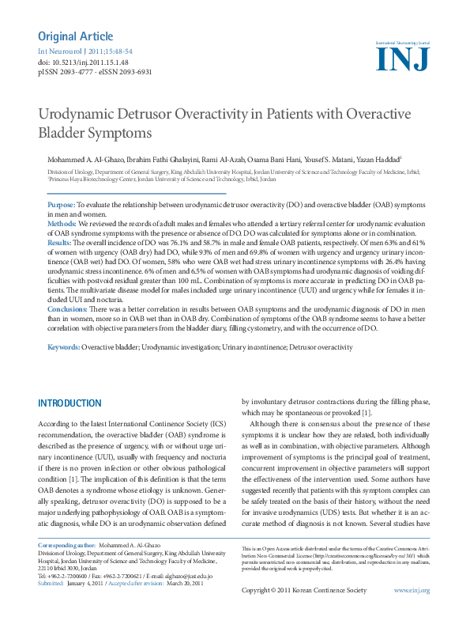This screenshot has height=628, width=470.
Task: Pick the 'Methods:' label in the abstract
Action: tap(62, 225)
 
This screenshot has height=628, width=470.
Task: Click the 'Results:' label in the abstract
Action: tap(60, 244)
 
